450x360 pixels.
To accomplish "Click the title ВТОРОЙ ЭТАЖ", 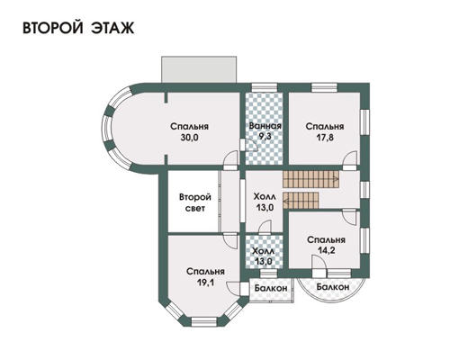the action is pos(78,28).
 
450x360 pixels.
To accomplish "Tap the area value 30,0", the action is pos(190,138).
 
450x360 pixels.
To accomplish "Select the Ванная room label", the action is pos(265,126).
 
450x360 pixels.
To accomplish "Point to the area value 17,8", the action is pos(325,138).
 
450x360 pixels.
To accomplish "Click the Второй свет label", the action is pos(195,202).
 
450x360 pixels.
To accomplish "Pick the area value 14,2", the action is pos(327,250).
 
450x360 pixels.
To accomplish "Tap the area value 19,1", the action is pos(205,283).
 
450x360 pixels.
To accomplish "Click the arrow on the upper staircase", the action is pos(336,179).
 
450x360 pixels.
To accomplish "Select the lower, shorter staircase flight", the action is pos(301,201).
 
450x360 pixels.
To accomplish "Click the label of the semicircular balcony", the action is pos(333,287).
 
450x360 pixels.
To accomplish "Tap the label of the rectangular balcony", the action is pos(271,288).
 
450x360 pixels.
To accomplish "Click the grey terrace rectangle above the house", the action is pos(199,69).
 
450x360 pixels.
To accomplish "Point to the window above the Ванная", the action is pos(264,87).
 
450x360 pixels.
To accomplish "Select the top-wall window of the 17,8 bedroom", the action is pos(324,87).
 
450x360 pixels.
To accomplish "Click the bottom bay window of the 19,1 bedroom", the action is pos(204,322).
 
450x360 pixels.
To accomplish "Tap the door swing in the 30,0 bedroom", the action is pos(230,160).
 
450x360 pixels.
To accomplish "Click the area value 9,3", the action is pos(265,137).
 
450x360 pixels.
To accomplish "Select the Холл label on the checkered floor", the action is pos(264,250).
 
